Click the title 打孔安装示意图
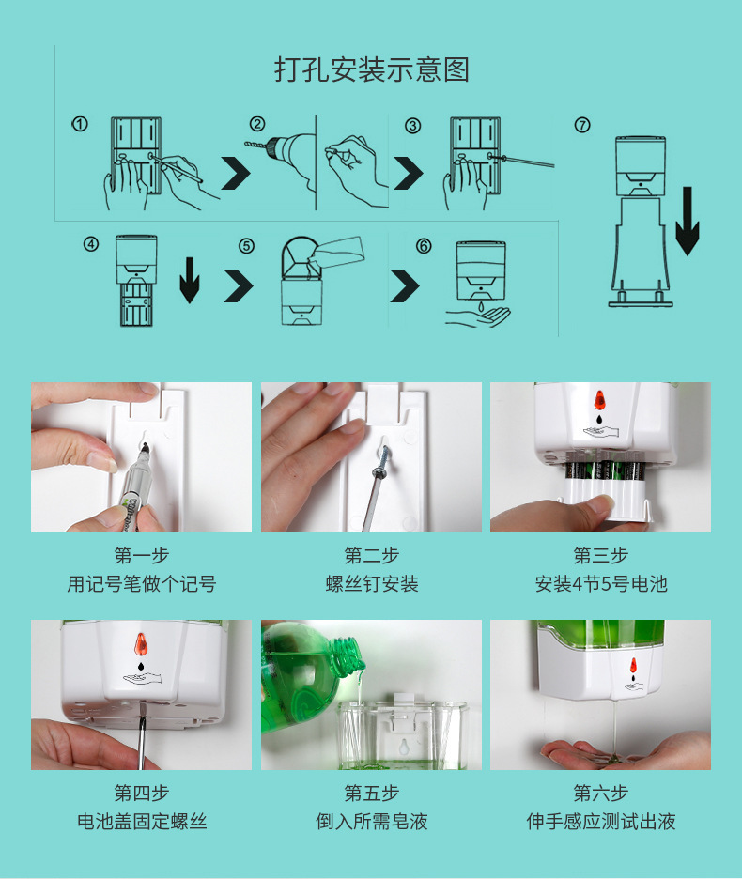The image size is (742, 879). pyautogui.click(x=371, y=70)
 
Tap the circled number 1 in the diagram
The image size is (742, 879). pyautogui.click(x=80, y=124)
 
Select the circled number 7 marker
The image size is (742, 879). pyautogui.click(x=582, y=125)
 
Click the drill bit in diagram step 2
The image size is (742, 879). pyautogui.click(x=255, y=146)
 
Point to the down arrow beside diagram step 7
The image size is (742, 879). pyautogui.click(x=687, y=222)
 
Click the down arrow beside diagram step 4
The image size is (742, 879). pyautogui.click(x=190, y=280)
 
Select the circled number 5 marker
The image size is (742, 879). pyautogui.click(x=246, y=246)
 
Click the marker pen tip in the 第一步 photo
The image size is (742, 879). pyautogui.click(x=145, y=447)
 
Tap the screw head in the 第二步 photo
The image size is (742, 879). pyautogui.click(x=386, y=450)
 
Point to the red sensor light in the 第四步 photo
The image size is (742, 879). pyautogui.click(x=141, y=644)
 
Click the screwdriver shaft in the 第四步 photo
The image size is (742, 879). pyautogui.click(x=143, y=736)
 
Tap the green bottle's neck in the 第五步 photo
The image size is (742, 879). pyautogui.click(x=350, y=655)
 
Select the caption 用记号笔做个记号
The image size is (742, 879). pyautogui.click(x=141, y=584)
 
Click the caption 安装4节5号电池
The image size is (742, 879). pyautogui.click(x=601, y=584)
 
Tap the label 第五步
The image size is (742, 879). pyautogui.click(x=371, y=793)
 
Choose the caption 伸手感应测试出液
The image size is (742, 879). pyautogui.click(x=601, y=822)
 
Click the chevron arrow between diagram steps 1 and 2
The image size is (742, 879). pyautogui.click(x=235, y=173)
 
